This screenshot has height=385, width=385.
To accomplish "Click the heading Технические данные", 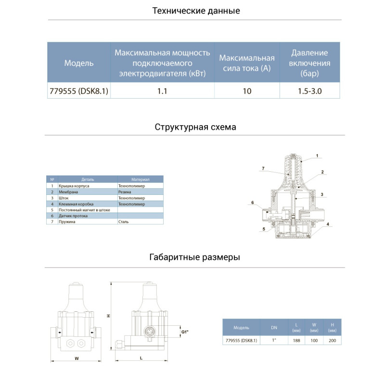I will [x=196, y=11].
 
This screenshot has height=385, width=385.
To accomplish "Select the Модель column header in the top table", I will [x=79, y=63].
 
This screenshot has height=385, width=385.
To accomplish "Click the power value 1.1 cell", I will [x=162, y=91].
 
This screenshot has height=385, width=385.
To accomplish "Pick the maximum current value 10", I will [x=247, y=91].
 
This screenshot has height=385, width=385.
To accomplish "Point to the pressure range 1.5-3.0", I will [x=310, y=91].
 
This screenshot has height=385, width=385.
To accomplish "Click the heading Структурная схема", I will [x=196, y=127].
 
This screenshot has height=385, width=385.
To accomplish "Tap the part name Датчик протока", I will [x=73, y=216].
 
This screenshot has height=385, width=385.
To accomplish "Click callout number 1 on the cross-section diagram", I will [x=318, y=155].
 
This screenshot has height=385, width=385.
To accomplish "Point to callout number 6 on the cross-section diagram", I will [x=252, y=203].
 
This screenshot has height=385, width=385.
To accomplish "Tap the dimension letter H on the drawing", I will [x=109, y=316].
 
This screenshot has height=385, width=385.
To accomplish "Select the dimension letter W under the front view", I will [x=76, y=358].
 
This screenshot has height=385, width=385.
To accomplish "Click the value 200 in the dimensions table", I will [x=332, y=340].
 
